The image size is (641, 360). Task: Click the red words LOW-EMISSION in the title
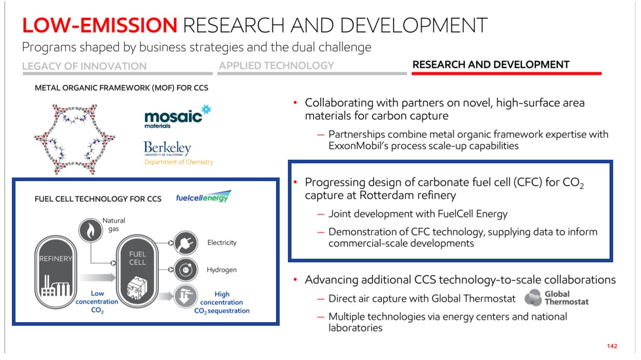tap(100, 25)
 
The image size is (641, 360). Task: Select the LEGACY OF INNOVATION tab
tap(84, 66)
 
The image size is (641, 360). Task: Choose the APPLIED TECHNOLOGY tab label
tap(276, 66)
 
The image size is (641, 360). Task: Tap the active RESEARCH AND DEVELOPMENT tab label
tap(491, 65)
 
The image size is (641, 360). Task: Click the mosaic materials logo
tap(178, 117)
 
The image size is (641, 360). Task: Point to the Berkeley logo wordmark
tap(167, 148)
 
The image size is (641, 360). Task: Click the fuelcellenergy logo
tap(203, 197)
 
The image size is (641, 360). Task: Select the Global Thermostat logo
tap(556, 297)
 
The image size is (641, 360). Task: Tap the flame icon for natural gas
tap(91, 230)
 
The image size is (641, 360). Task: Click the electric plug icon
tap(186, 243)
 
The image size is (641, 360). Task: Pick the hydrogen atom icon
tap(186, 270)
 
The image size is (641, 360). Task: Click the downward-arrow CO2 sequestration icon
tap(185, 296)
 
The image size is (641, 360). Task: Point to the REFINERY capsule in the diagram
tap(56, 272)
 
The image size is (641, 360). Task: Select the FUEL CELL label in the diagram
tap(137, 258)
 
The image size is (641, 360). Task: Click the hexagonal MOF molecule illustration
tap(75, 139)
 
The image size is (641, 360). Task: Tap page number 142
tap(612, 346)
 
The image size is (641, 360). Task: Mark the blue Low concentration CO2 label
tap(97, 302)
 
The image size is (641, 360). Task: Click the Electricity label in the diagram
tap(222, 243)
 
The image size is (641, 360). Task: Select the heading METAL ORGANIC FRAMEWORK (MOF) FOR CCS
tap(121, 88)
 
